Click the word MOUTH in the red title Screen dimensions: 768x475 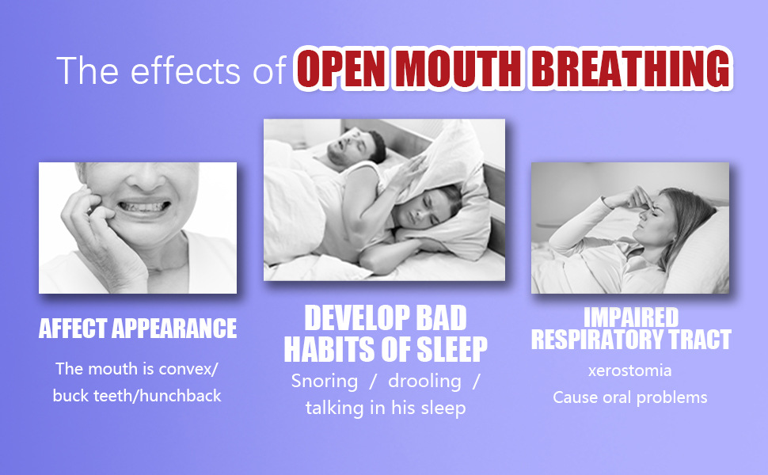(458, 69)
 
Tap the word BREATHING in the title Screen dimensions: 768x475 (631, 69)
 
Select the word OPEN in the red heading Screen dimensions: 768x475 (341, 69)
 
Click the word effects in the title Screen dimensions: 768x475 (185, 70)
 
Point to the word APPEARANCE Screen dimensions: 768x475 (174, 328)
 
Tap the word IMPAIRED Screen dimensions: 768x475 (631, 317)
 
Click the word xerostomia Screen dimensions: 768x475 (630, 370)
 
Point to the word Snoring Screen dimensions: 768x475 (325, 382)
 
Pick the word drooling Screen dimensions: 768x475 (424, 381)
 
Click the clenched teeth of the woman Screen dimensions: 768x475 (143, 206)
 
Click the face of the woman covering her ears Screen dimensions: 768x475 (424, 208)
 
